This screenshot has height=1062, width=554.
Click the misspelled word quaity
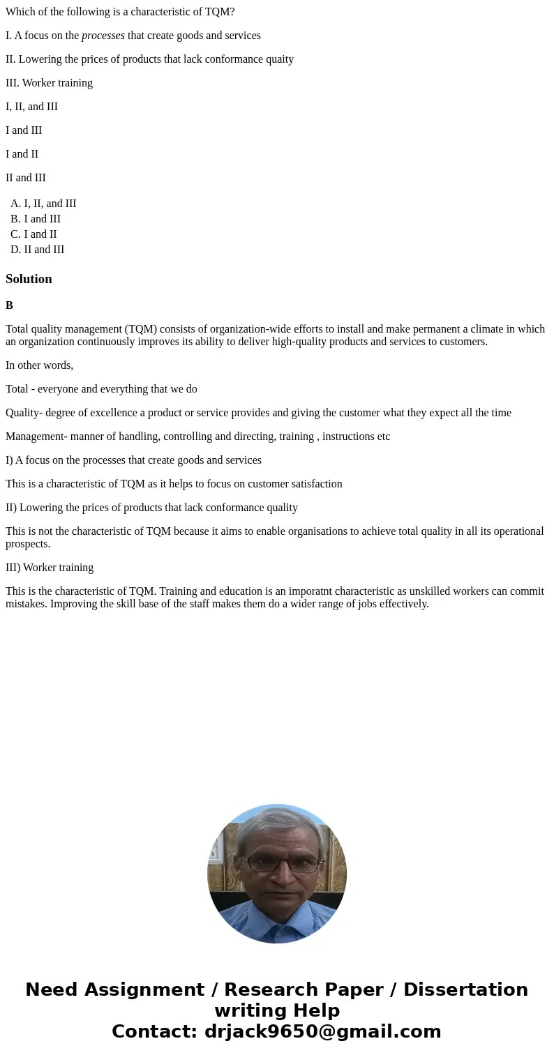pyautogui.click(x=279, y=59)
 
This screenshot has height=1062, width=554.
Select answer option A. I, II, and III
pyautogui.click(x=43, y=204)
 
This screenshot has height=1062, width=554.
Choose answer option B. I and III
pyautogui.click(x=36, y=219)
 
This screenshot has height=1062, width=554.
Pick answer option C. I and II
pyautogui.click(x=33, y=234)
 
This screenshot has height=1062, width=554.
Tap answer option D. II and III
pyautogui.click(x=37, y=250)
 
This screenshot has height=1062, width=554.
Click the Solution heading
pyautogui.click(x=29, y=279)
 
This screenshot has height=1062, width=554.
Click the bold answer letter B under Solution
pyautogui.click(x=9, y=305)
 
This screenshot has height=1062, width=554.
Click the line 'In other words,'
pyautogui.click(x=39, y=365)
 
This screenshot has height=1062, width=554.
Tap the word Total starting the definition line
pyautogui.click(x=18, y=389)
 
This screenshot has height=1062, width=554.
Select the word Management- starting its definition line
pyautogui.click(x=36, y=437)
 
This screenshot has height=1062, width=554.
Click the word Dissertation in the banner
pyautogui.click(x=465, y=989)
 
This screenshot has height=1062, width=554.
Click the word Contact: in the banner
pyautogui.click(x=154, y=1031)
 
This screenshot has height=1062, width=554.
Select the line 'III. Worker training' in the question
pyautogui.click(x=49, y=83)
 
